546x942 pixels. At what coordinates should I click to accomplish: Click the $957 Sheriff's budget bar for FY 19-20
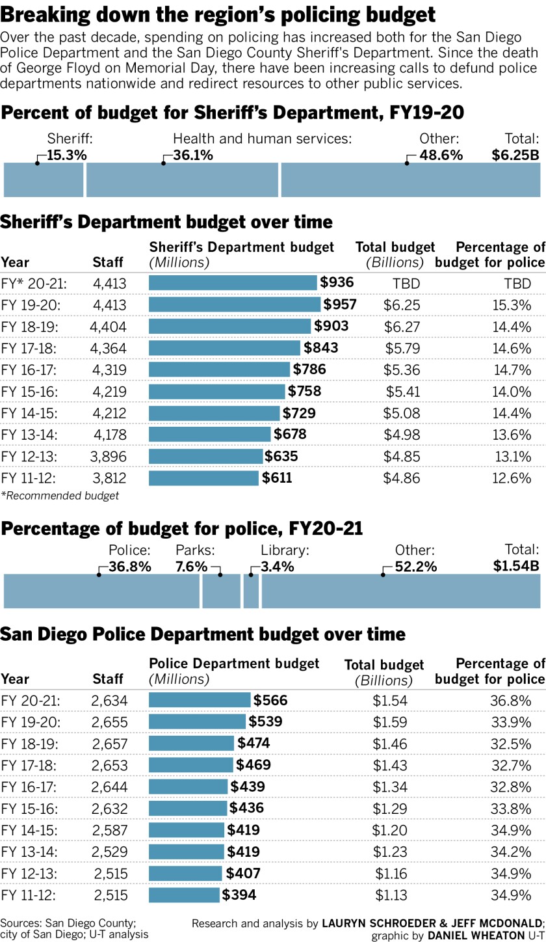234,304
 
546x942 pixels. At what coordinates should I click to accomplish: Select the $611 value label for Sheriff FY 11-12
277,478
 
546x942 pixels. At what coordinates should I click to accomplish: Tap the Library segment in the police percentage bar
251,591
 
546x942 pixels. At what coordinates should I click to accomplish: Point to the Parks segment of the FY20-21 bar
221,591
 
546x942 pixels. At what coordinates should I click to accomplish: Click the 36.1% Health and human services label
192,155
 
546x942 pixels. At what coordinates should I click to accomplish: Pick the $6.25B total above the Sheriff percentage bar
515,155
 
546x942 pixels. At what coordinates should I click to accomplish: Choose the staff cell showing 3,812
109,478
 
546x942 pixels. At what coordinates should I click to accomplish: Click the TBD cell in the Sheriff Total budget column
396,284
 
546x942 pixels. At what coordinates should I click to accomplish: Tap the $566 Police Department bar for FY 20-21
200,700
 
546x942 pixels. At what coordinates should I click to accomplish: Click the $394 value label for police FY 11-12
239,895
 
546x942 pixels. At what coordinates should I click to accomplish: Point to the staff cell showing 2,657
110,744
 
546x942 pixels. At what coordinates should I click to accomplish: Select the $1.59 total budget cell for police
390,722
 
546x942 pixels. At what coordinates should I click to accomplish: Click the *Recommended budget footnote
60,496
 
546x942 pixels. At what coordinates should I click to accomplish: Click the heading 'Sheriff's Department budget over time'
166,222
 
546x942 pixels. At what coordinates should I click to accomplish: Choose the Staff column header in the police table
108,679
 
